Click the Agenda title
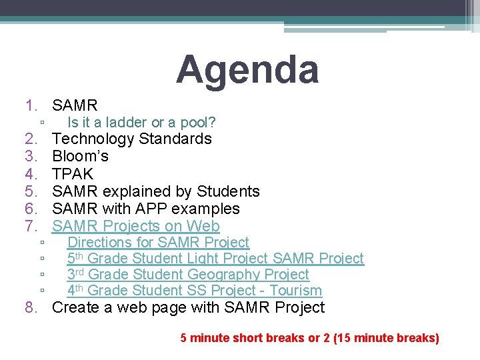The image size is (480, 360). click(x=247, y=70)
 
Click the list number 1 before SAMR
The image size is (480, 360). click(x=31, y=105)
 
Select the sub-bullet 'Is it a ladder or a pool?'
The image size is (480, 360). click(x=141, y=123)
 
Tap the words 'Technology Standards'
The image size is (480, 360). click(x=131, y=139)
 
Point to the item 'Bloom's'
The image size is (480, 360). click(x=80, y=156)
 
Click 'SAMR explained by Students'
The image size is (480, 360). click(x=155, y=191)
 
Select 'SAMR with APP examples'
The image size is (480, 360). click(x=145, y=209)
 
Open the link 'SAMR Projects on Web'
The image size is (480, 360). click(x=135, y=226)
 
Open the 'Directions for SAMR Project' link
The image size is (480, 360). click(x=158, y=242)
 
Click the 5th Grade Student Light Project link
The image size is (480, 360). click(x=215, y=258)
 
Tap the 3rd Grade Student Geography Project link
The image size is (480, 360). click(x=188, y=274)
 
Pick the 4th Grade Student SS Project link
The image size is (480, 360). click(x=194, y=291)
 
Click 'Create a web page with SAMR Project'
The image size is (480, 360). click(x=188, y=307)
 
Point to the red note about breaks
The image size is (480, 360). click(x=309, y=338)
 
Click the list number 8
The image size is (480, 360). click(x=31, y=307)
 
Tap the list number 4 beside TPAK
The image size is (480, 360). click(x=31, y=174)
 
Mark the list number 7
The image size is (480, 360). click(x=31, y=226)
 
